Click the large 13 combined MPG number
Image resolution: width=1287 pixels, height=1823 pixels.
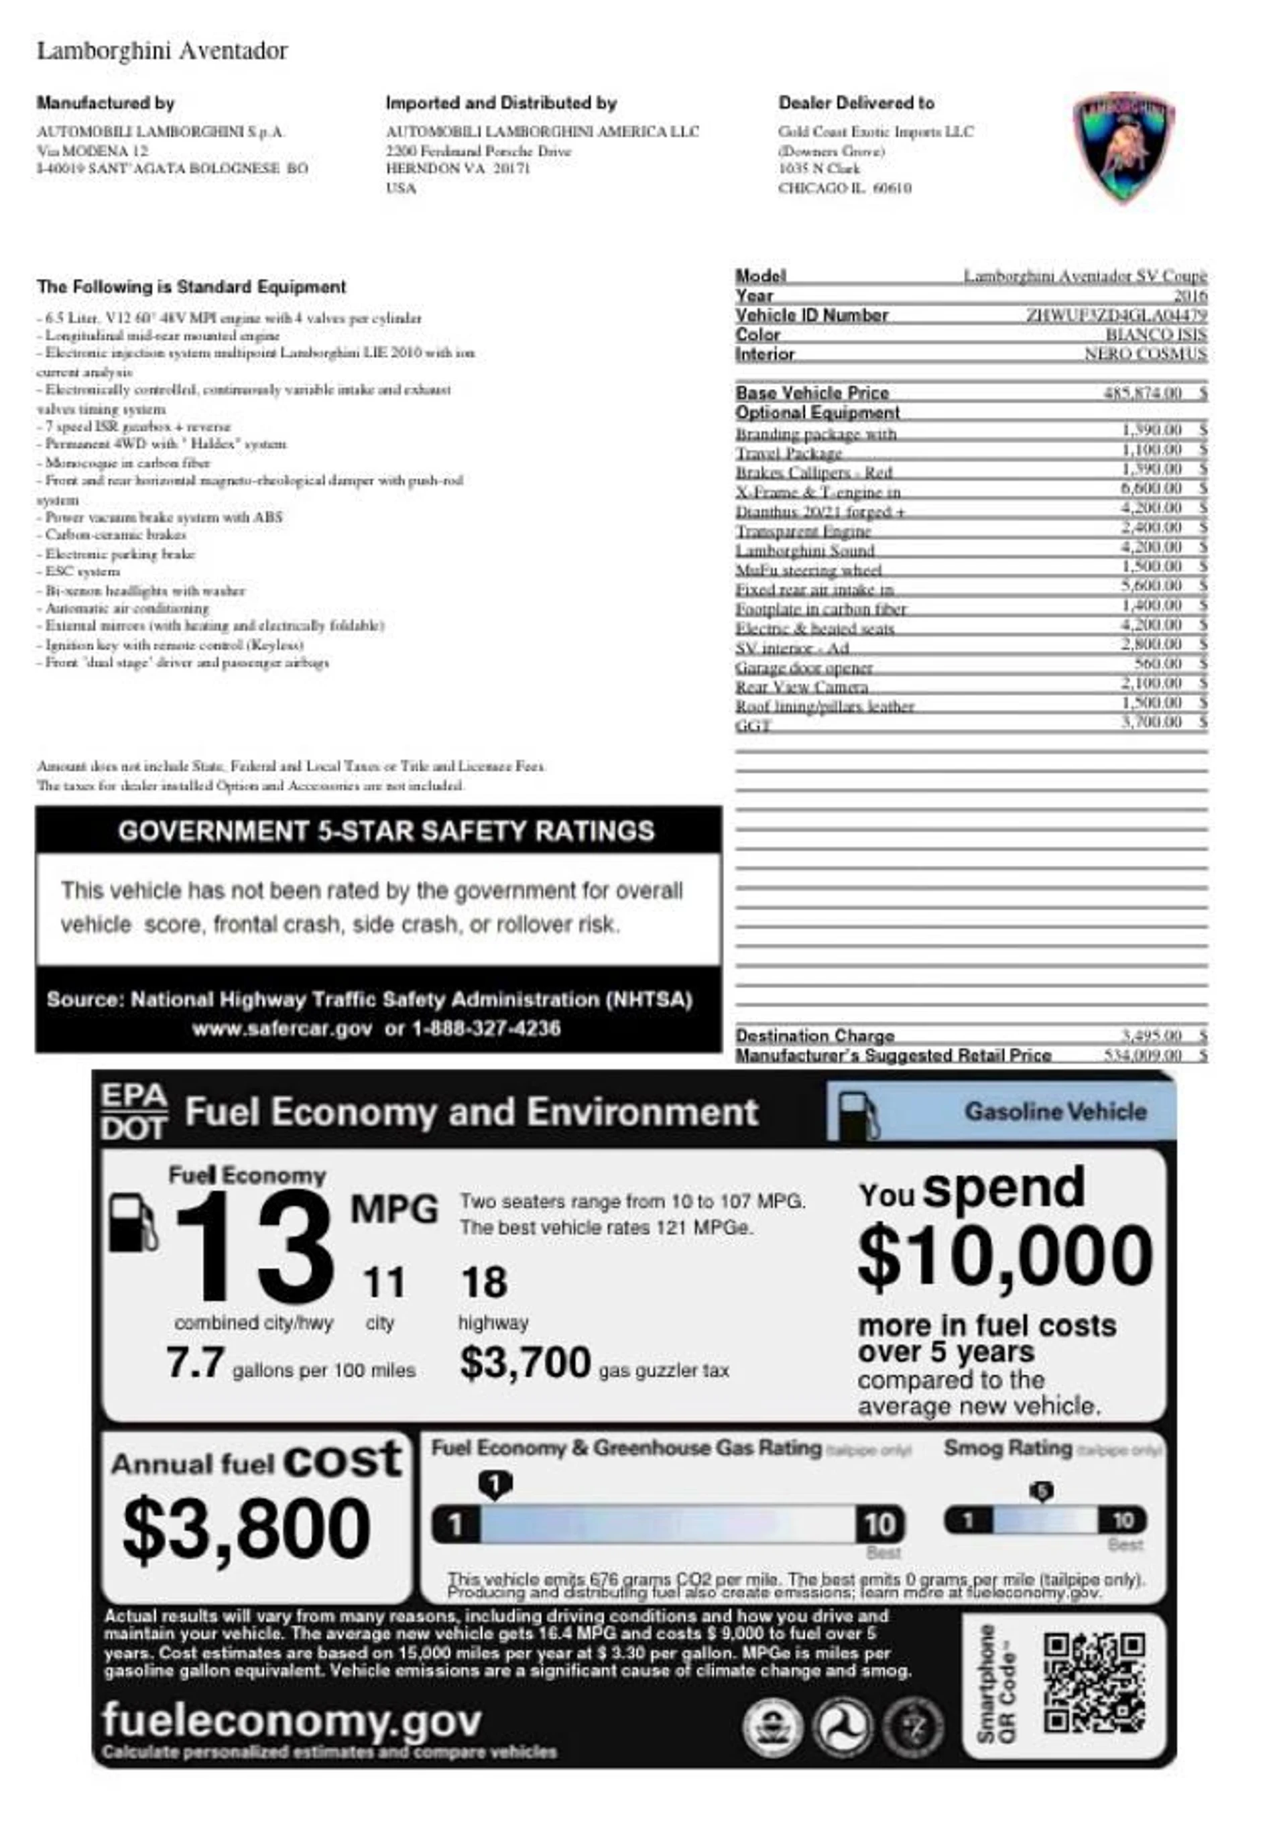tap(253, 1248)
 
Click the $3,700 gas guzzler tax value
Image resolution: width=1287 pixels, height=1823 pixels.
tap(526, 1362)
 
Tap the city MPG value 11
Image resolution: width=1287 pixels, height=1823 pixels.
tap(383, 1283)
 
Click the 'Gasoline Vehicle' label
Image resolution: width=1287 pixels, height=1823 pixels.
tap(1055, 1112)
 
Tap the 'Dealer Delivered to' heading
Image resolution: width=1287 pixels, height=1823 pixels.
tap(856, 103)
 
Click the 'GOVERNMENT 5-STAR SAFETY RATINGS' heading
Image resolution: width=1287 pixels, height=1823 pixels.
tap(386, 831)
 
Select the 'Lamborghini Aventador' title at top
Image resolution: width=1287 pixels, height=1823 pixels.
tap(162, 51)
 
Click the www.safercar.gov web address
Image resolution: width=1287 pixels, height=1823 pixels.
tap(282, 1028)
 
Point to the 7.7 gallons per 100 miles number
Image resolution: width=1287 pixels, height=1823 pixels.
tap(195, 1362)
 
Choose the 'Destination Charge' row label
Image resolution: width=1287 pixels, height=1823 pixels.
tap(814, 1035)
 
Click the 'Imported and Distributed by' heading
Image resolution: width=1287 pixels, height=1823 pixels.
tap(501, 103)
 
